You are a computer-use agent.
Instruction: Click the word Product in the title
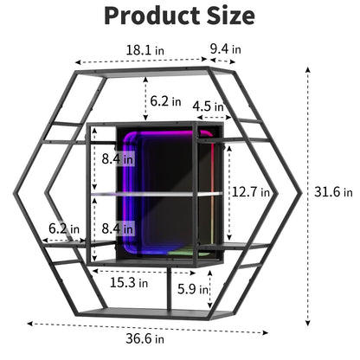point(152,16)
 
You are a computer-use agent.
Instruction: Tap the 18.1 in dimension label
point(145,50)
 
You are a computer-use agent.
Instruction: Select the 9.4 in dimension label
point(225,49)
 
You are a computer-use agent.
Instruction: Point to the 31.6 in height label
point(333,192)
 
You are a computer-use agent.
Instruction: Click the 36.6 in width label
point(145,338)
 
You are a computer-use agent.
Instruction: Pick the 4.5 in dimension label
point(208,106)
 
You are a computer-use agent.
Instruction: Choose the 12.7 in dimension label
point(251,192)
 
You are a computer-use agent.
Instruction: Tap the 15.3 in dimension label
point(129,282)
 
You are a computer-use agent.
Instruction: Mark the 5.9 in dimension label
point(193,289)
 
